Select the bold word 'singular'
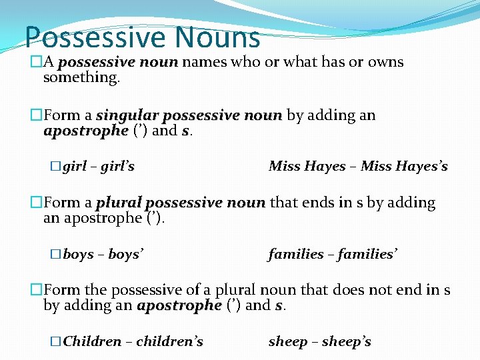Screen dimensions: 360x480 pos(127,115)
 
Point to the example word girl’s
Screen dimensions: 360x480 pos(117,166)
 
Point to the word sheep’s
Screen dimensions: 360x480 pos(347,341)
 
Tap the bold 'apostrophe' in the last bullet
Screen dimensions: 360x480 pos(179,306)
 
